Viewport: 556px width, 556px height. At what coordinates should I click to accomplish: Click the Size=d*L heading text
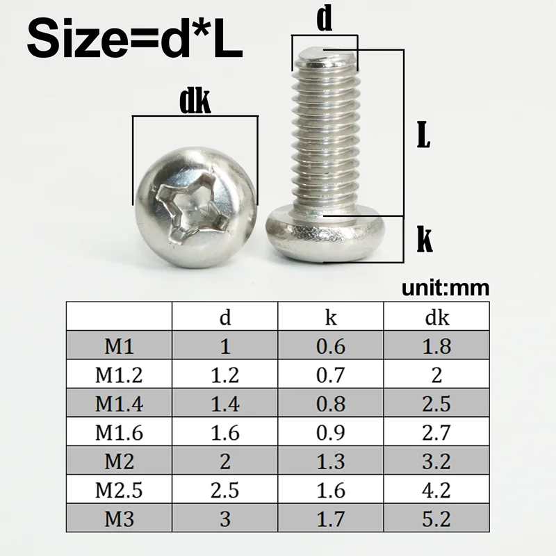coord(136,40)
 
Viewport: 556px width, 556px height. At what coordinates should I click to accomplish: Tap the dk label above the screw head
coord(195,102)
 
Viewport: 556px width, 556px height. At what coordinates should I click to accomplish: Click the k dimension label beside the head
coord(424,240)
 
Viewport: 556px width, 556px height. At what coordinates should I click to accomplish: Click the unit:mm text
coord(445,288)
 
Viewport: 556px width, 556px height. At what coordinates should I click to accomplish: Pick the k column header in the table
coord(331,318)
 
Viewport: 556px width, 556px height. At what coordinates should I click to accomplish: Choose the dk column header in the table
coord(437,318)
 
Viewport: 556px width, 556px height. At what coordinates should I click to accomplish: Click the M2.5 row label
coord(119,490)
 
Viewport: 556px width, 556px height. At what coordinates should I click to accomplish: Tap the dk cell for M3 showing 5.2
coord(437,519)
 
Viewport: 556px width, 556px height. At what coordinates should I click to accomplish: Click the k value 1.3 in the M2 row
coord(331,461)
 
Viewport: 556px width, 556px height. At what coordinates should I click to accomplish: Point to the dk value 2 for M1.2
coord(437,375)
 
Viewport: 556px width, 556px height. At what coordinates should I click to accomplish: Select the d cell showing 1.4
coord(225,404)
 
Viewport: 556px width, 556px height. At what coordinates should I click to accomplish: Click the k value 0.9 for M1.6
coord(331,433)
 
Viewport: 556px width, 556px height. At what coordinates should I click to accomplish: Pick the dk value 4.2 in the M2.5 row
coord(437,490)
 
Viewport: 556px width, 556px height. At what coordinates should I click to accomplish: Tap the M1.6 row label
coord(119,433)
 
